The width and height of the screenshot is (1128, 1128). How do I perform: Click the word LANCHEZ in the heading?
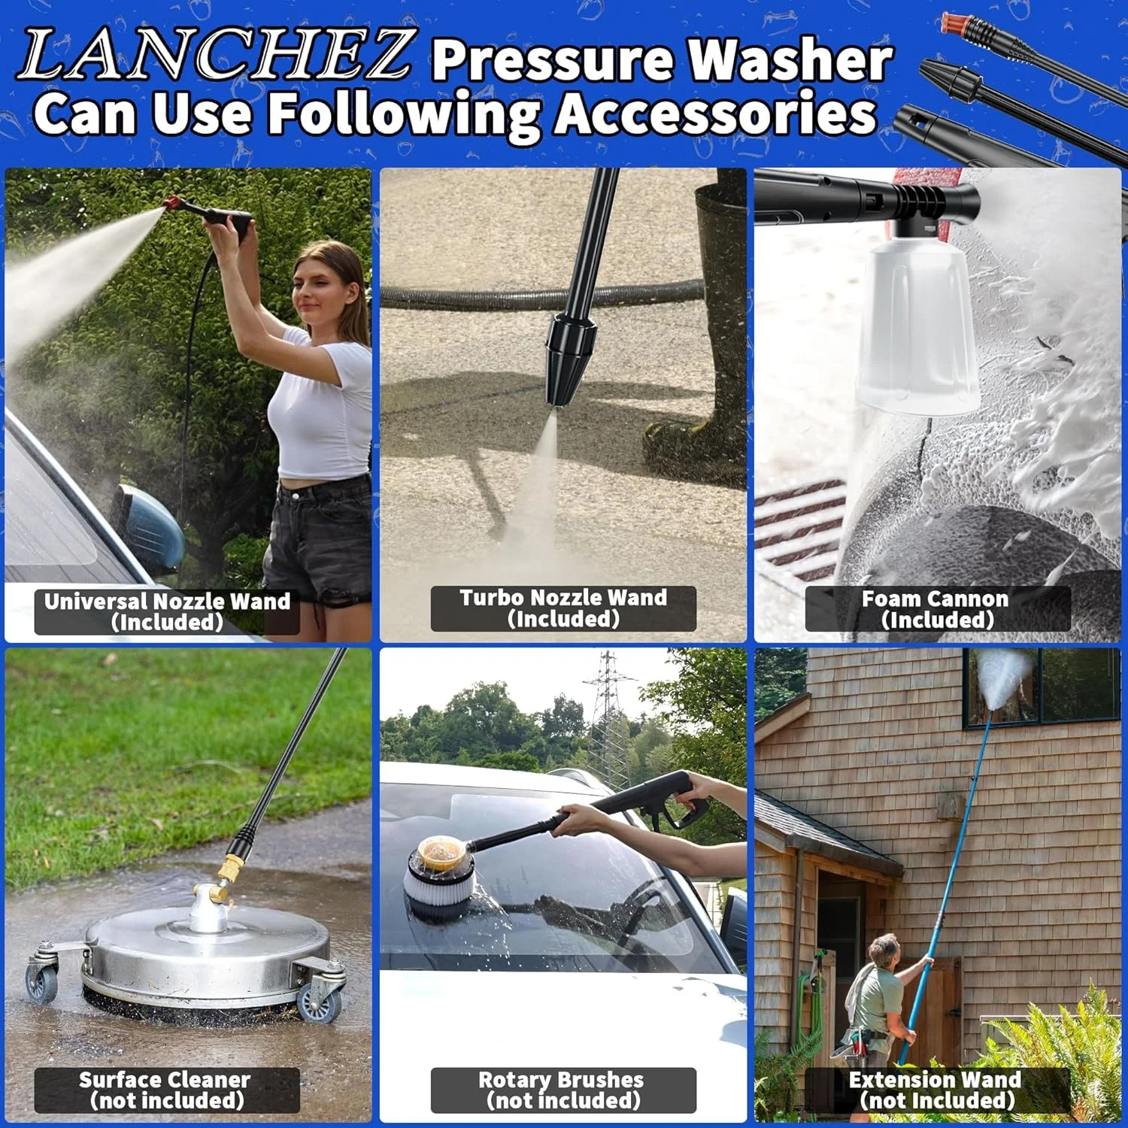(214, 54)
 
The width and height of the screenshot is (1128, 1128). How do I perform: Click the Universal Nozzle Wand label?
(167, 611)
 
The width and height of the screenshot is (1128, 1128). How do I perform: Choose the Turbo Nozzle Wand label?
(563, 608)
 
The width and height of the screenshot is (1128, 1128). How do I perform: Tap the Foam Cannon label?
(937, 609)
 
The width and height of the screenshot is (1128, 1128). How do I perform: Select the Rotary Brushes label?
(563, 1090)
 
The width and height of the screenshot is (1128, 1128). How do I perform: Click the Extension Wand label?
(937, 1090)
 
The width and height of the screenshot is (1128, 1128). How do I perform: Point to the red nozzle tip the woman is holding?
(174, 204)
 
